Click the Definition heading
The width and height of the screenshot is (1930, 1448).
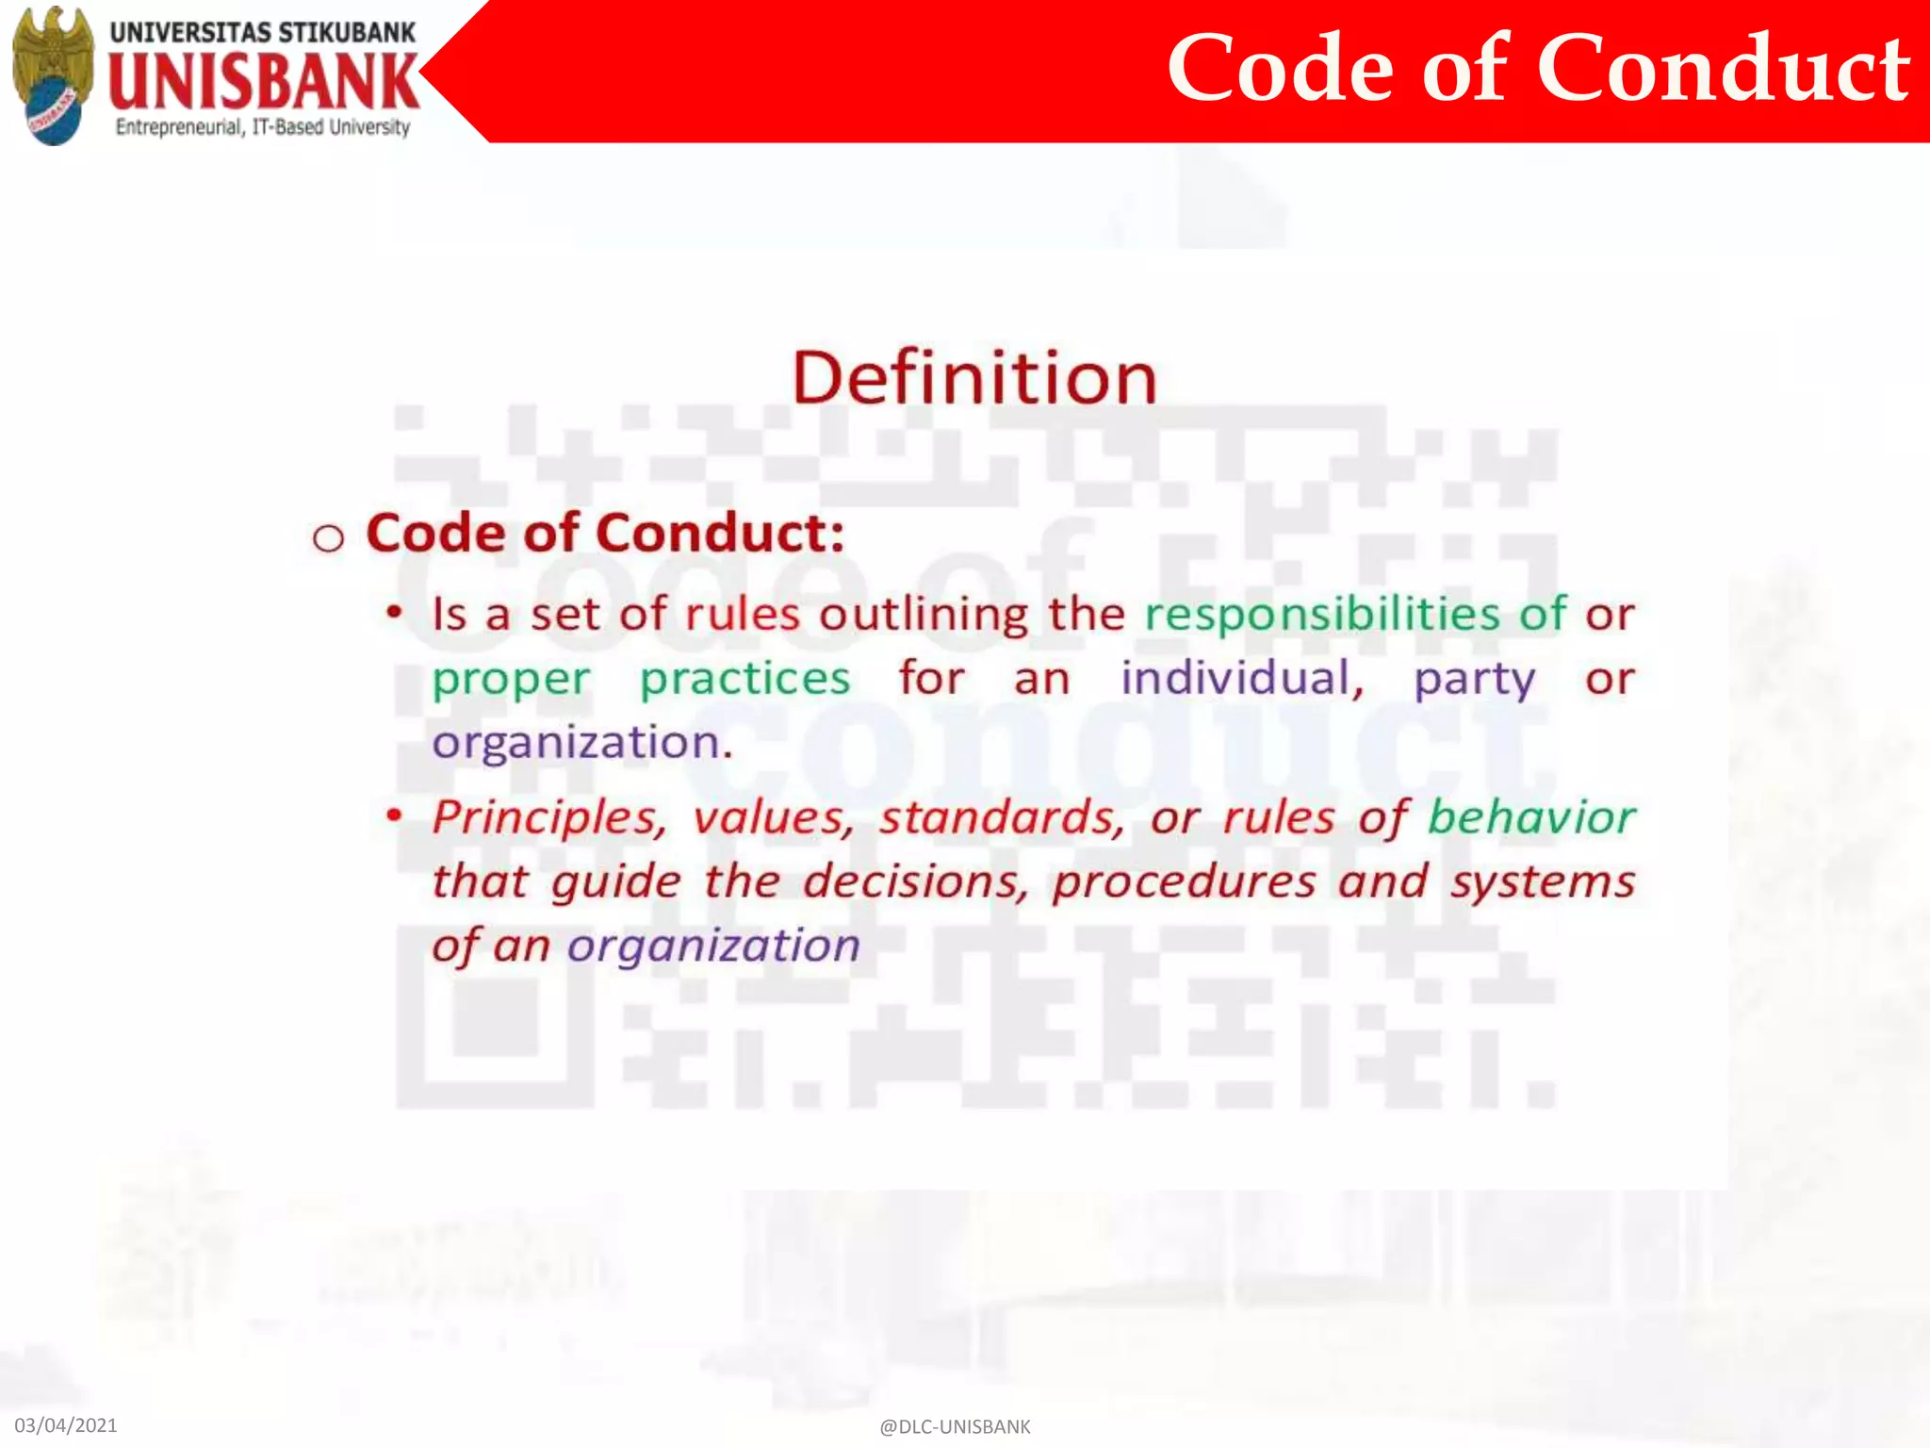[974, 378]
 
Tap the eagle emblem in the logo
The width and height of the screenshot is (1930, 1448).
[54, 74]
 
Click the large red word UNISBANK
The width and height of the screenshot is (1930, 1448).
[264, 81]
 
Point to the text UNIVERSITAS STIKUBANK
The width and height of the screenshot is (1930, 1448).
[263, 32]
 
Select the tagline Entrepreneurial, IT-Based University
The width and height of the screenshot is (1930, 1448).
[263, 127]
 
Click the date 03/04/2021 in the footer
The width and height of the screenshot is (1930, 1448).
[66, 1424]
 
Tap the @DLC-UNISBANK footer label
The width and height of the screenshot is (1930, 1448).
[955, 1426]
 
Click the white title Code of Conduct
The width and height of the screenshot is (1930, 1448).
[1537, 68]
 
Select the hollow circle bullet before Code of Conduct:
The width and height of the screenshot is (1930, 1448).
[328, 538]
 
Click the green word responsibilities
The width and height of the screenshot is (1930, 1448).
[1322, 615]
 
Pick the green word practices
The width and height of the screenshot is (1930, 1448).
[744, 680]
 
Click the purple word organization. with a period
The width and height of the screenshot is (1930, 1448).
[582, 743]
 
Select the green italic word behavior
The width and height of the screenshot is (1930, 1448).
[1531, 816]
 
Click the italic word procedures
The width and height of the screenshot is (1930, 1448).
[1184, 882]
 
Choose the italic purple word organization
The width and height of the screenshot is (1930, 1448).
[713, 946]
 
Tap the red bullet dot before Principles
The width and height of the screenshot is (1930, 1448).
[395, 814]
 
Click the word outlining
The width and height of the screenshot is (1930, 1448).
[924, 615]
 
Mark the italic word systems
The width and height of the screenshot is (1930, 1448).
[1542, 882]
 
